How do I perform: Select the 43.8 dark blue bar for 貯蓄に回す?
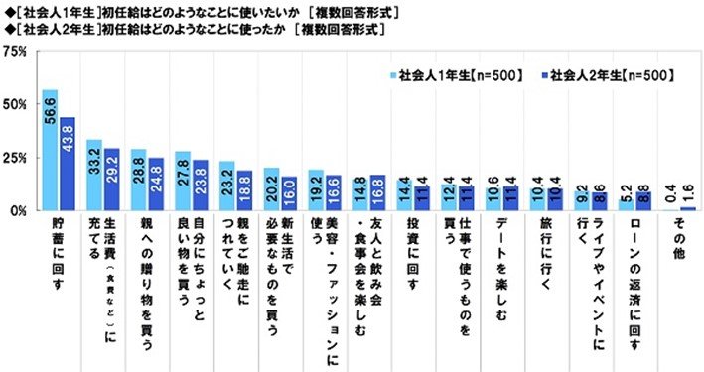click(67, 164)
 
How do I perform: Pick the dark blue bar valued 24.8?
click(156, 185)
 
